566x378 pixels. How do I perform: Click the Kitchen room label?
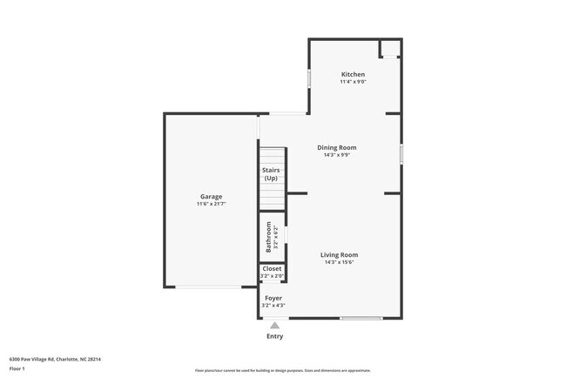353,75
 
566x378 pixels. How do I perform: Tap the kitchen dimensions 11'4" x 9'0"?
353,83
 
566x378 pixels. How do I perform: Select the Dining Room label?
336,147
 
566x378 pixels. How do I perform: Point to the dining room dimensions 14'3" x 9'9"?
336,156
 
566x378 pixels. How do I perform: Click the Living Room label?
339,254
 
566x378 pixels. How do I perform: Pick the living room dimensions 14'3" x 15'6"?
339,262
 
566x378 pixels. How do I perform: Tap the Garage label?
211,196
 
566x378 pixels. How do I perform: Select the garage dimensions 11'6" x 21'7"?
211,204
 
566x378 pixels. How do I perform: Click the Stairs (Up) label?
271,174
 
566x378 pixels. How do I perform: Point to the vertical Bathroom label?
269,237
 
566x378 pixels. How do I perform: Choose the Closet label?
272,269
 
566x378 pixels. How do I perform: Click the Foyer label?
273,298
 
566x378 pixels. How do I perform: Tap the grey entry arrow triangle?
274,326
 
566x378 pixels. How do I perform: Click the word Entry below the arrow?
274,336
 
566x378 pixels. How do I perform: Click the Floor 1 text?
17,368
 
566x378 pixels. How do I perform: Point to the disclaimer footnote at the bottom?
283,370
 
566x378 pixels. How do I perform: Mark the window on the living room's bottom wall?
361,318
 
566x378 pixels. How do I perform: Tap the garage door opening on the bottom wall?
210,287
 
